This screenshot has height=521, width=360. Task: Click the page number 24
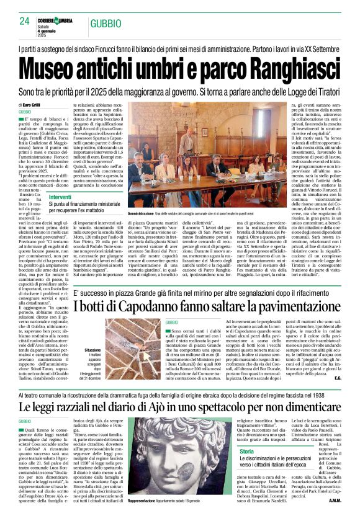click(x=25, y=22)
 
